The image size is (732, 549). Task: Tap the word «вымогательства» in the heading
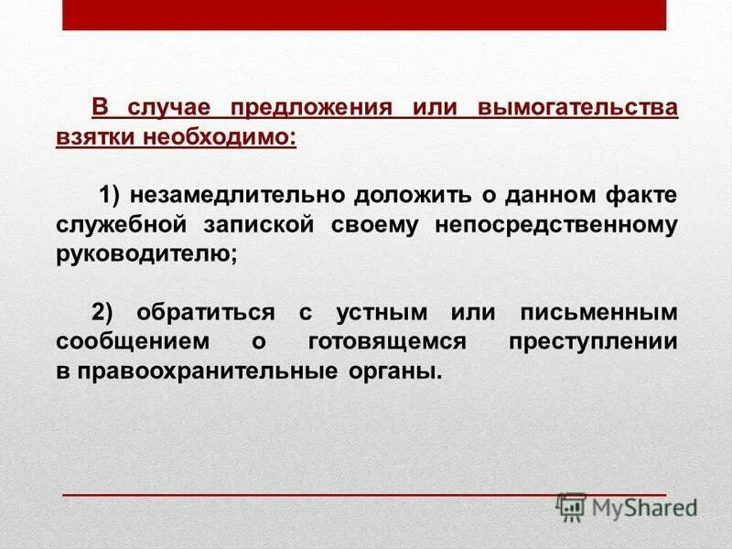(x=576, y=109)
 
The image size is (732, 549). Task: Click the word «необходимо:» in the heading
(x=219, y=137)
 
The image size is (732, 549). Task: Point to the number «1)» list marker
(x=111, y=195)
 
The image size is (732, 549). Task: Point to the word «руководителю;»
(x=145, y=253)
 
